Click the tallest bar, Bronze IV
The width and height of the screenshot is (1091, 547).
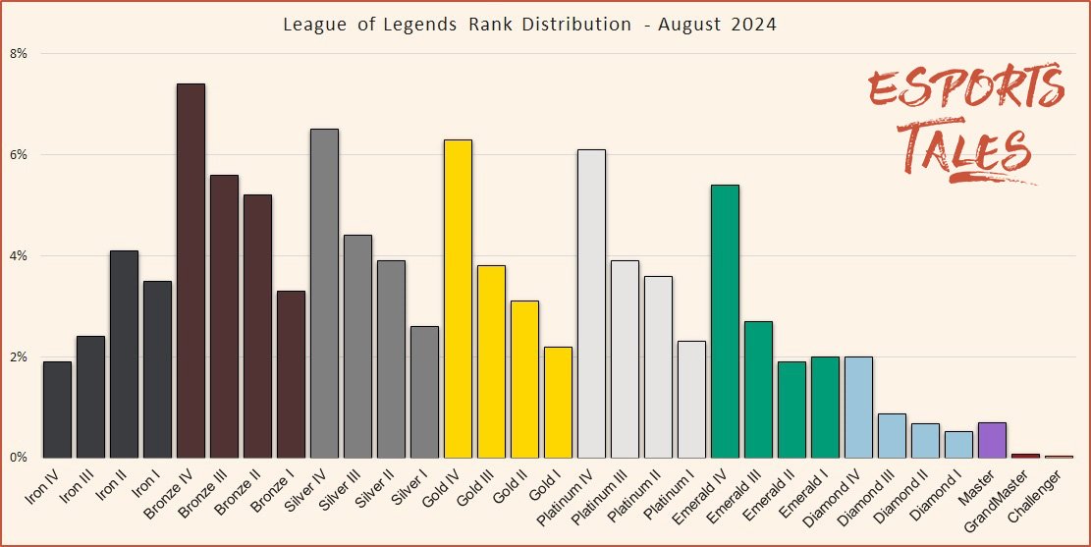click(191, 270)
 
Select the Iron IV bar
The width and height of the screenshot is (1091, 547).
click(57, 410)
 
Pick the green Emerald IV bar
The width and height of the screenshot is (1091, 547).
click(725, 321)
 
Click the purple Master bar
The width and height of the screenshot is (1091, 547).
click(992, 440)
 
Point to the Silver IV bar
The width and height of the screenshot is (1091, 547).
click(324, 293)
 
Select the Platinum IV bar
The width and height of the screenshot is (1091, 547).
click(591, 303)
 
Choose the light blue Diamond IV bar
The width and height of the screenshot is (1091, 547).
click(858, 407)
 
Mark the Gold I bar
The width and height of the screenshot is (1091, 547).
click(558, 402)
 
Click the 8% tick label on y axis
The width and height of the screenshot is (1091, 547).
click(19, 53)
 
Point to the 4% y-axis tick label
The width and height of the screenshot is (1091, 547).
click(19, 255)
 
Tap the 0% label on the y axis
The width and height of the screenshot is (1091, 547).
click(19, 458)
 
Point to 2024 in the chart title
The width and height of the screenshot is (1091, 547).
click(752, 25)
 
